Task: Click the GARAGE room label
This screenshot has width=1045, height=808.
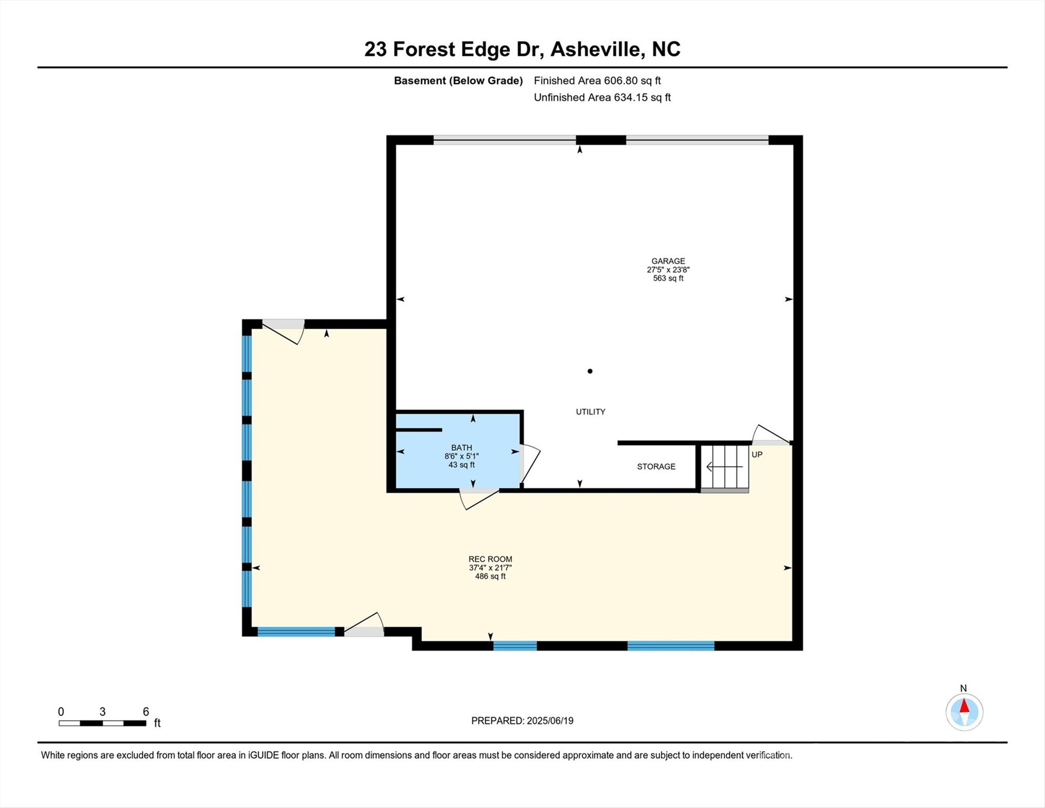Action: [x=668, y=261]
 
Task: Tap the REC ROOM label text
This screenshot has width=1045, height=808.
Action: [x=490, y=559]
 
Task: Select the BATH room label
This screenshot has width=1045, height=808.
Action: [x=461, y=448]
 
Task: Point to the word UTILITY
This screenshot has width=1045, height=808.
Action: [x=590, y=412]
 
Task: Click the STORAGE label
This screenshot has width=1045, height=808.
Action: [x=656, y=467]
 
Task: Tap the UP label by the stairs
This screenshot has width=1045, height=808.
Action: [x=756, y=454]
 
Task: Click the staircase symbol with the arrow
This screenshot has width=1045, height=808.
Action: [x=725, y=467]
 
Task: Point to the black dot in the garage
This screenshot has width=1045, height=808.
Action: [x=590, y=371]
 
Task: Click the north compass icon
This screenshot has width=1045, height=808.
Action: [x=964, y=712]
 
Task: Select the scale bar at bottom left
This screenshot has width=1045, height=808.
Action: [x=103, y=723]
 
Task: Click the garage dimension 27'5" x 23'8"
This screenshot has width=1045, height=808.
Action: [x=668, y=270]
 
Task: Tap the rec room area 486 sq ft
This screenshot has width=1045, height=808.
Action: [x=490, y=577]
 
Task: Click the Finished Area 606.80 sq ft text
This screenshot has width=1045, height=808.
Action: [x=597, y=80]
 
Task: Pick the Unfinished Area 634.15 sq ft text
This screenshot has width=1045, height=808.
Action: [x=602, y=97]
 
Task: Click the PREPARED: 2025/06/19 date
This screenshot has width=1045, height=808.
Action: [x=522, y=721]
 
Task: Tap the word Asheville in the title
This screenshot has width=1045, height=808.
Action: [x=597, y=49]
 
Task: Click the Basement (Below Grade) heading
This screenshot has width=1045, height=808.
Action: [x=458, y=80]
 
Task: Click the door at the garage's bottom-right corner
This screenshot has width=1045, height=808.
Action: [x=771, y=436]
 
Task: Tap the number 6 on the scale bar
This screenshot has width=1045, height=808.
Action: [x=146, y=712]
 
